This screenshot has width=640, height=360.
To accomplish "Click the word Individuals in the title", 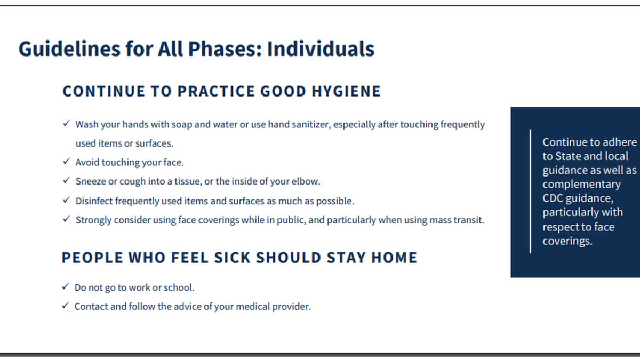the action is [x=321, y=49].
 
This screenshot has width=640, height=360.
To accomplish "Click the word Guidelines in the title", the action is [x=69, y=49].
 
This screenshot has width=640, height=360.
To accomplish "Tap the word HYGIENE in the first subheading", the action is [x=346, y=91].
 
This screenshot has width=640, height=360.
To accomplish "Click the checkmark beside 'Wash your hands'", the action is [x=66, y=123].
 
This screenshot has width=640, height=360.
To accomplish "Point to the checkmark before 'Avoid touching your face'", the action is [x=66, y=162].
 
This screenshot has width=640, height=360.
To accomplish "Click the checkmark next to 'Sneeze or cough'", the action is [x=66, y=180].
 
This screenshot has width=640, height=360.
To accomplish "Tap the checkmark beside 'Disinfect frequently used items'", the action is [x=66, y=200].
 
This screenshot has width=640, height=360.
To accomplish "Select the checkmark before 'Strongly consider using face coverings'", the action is [x=66, y=219].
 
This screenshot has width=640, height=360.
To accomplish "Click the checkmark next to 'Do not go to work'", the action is [x=66, y=286].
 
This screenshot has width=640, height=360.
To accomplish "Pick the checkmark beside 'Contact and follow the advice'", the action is [x=66, y=306].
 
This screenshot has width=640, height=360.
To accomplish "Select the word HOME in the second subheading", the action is [x=394, y=258].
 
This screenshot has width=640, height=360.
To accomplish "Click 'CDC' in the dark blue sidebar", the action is [x=553, y=198].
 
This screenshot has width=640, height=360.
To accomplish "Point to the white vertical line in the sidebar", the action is [x=530, y=191].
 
